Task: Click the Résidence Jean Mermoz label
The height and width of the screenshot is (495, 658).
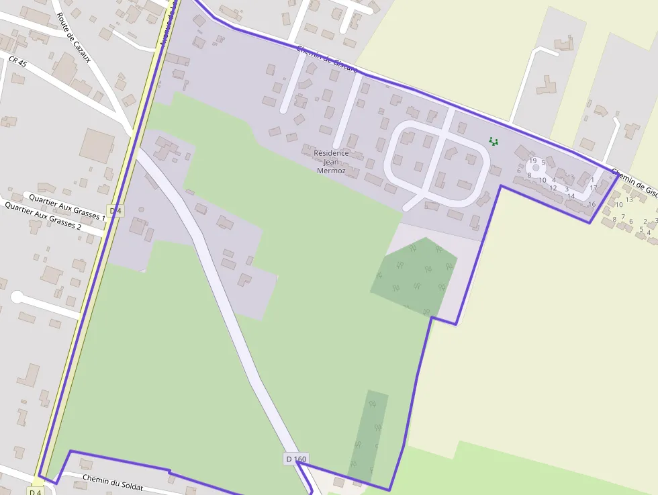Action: [332, 162]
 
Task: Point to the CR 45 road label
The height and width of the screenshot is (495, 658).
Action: [17, 62]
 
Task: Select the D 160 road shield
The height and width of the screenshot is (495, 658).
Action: [296, 459]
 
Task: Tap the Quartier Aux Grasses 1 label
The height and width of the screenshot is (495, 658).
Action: [66, 206]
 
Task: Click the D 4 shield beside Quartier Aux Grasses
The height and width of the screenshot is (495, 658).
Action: [115, 211]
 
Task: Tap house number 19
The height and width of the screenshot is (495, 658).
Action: [533, 161]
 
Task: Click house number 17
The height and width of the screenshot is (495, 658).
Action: [594, 188]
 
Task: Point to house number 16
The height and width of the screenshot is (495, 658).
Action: [592, 204]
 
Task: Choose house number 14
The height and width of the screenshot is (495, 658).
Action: [571, 196]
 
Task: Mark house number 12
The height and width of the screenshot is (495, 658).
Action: [553, 188]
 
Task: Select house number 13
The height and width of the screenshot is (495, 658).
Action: [629, 199]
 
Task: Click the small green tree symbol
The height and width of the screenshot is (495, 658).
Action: [493, 141]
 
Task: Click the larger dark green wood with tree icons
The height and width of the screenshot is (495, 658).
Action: [414, 276]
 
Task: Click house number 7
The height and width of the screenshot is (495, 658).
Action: [622, 216]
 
